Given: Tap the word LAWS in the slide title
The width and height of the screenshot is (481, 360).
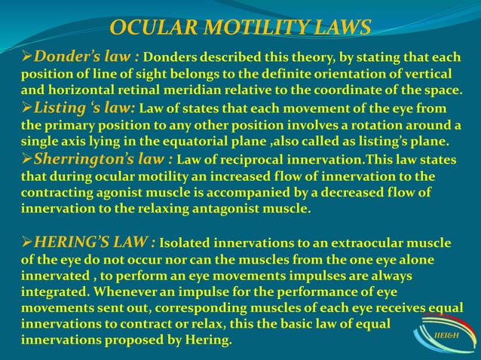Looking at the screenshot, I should (x=335, y=28).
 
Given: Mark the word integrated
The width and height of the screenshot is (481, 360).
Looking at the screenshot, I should (x=53, y=291).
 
